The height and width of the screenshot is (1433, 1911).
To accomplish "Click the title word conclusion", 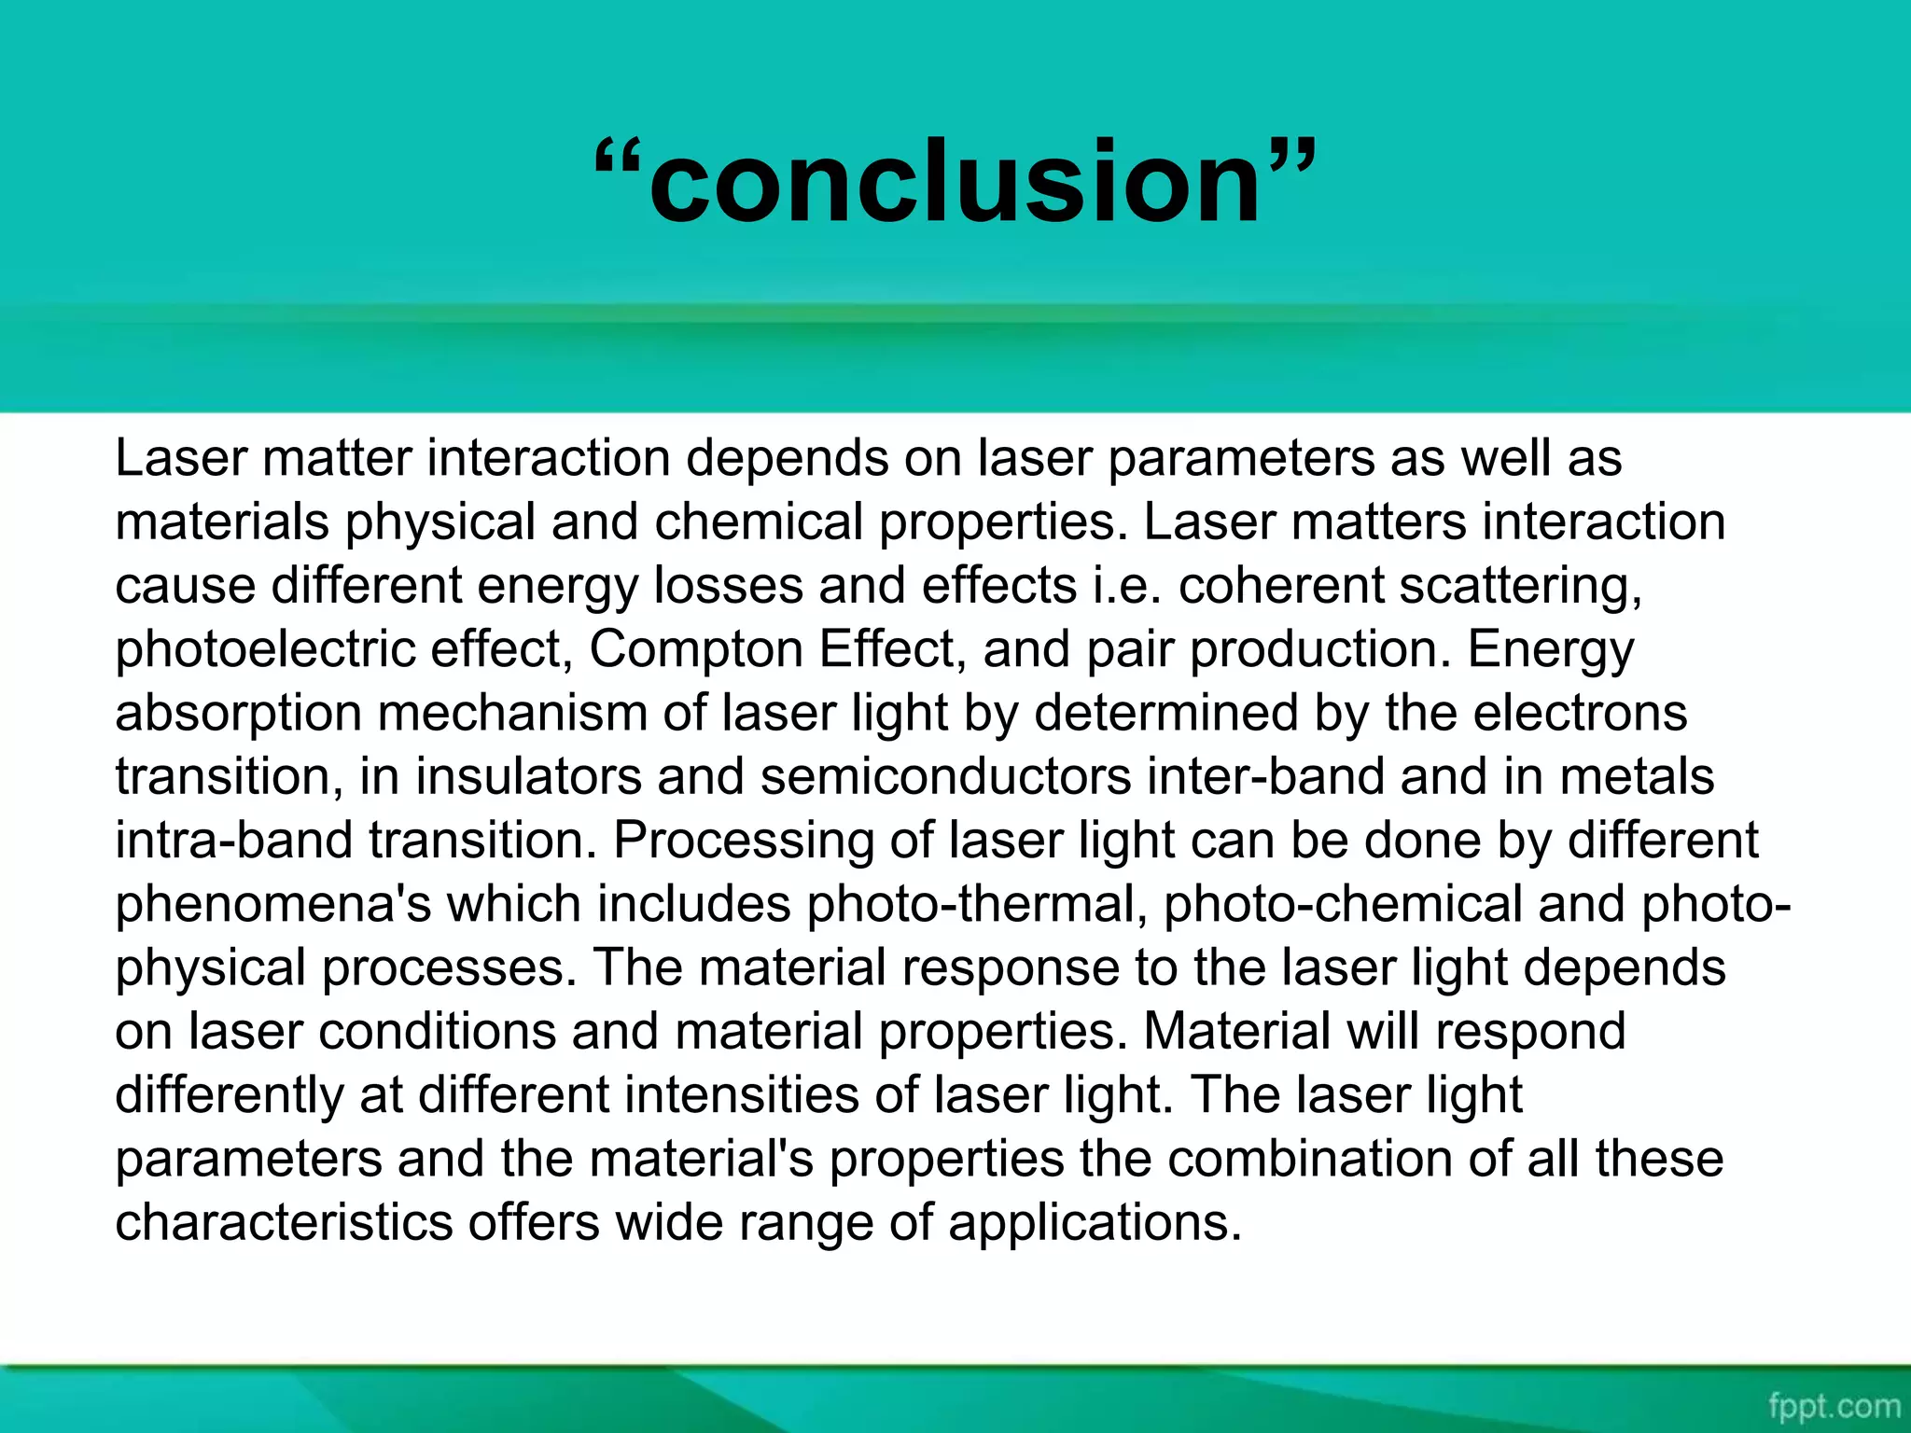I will click(955, 182).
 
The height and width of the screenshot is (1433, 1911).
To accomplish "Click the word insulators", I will click(528, 777).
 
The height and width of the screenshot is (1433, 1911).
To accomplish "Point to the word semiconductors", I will click(945, 777).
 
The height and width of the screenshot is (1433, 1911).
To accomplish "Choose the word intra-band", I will click(233, 841).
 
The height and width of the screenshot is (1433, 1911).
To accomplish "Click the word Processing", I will click(743, 841).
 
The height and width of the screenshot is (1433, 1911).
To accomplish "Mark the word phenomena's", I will click(272, 905).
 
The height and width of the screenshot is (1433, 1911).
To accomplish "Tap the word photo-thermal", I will click(977, 905).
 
